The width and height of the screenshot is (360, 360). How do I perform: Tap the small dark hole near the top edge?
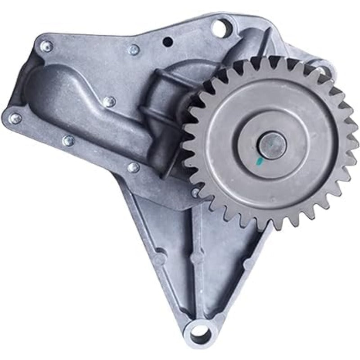[x=168, y=42]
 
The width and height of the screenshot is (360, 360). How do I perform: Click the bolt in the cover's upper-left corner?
[x=47, y=45]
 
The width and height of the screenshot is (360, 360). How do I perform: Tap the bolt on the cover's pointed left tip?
[x=15, y=118]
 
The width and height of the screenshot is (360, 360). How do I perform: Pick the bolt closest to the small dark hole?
[x=134, y=49]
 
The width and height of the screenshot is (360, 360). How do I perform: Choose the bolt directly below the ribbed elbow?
[x=134, y=167]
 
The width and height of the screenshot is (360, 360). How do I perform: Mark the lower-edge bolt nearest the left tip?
[x=68, y=141]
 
